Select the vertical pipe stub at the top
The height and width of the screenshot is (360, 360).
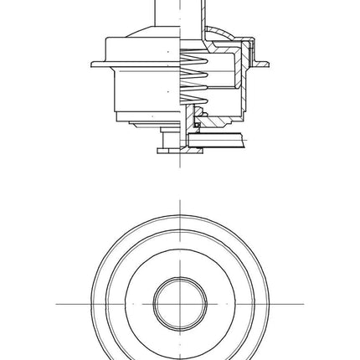pos(179,13)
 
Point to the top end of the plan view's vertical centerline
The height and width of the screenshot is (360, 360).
pos(179,201)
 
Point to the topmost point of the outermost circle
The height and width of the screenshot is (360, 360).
pos(179,216)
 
